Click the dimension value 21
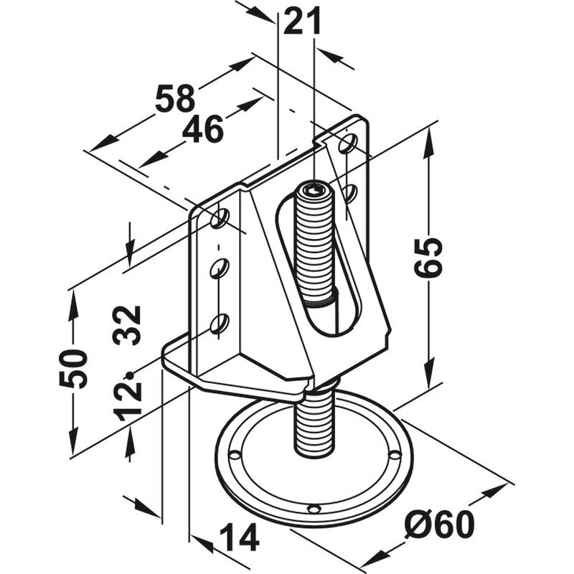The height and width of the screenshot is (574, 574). pos(302,22)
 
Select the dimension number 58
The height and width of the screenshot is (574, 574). pos(175,98)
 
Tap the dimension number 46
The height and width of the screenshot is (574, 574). pos(203,129)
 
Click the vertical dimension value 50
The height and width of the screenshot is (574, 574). pos(73,369)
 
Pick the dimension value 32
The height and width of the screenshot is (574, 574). pos(127,326)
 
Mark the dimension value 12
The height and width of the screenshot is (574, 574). pos(128,402)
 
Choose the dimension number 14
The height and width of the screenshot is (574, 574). pos(240,537)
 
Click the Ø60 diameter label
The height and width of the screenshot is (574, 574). pos(439,524)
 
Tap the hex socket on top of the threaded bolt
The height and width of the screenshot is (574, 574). pos(314,189)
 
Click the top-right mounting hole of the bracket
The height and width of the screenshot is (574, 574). pos(347,143)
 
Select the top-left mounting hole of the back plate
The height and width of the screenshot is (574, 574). pos(220,218)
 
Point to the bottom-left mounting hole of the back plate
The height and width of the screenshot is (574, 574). pos(220,324)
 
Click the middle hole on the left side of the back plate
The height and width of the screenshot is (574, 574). pos(220,268)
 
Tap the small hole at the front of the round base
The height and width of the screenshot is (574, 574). pos(314,509)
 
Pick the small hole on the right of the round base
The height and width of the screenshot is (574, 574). pos(395,455)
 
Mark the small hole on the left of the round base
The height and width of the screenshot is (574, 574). pos(235,455)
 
